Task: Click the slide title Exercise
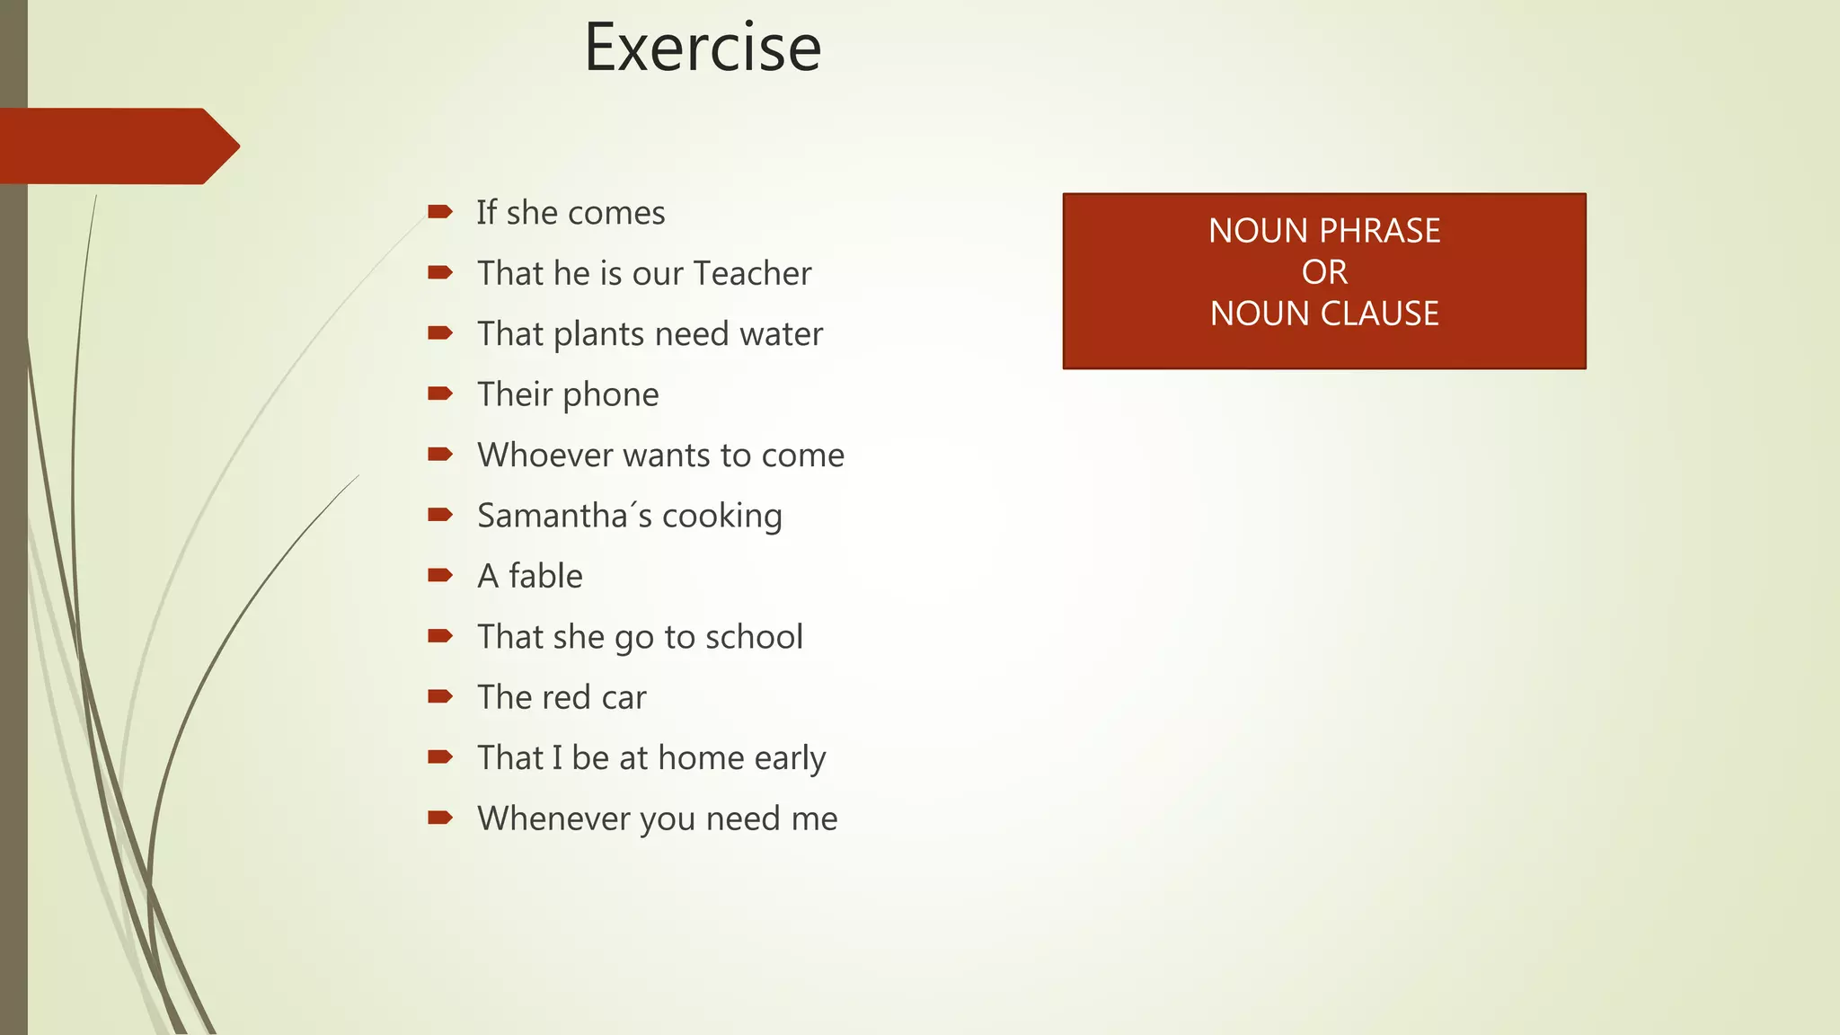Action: coord(703,48)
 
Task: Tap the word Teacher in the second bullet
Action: coord(753,273)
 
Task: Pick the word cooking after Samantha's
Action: coord(722,517)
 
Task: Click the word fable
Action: coord(545,576)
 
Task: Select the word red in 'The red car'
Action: coord(582,698)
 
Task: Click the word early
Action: coord(790,759)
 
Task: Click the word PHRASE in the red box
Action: coord(1379,231)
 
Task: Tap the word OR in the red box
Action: coord(1324,272)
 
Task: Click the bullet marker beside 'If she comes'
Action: coord(440,212)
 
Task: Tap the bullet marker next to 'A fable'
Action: coord(440,575)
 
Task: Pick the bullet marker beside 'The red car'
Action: coord(440,696)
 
